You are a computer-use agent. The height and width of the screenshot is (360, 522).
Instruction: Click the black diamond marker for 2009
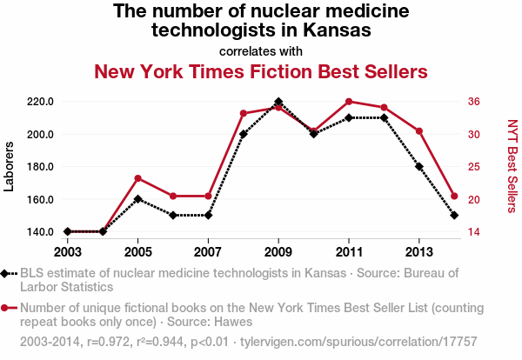pos(278,102)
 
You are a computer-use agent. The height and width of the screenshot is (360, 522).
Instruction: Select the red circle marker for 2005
pos(137,178)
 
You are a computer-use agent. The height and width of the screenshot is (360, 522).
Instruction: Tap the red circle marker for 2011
pos(349,102)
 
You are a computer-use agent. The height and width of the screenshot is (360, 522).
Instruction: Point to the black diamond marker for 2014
pos(454,215)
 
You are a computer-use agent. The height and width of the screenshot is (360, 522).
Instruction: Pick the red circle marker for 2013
pos(419,131)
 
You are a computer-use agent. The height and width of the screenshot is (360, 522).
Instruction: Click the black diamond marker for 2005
pos(137,199)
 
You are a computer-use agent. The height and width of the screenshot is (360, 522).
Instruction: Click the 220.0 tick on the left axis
pos(41,102)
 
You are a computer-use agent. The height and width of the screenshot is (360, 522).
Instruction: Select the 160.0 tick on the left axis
pos(41,199)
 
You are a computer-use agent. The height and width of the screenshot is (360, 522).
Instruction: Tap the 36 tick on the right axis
pos(474,102)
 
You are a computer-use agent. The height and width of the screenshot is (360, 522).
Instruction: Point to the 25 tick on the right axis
pos(474,167)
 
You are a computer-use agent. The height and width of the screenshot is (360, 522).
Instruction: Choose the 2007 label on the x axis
pos(208,252)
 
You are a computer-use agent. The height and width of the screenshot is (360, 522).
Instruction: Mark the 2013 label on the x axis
pos(419,252)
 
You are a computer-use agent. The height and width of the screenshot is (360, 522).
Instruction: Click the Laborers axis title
pos(10,166)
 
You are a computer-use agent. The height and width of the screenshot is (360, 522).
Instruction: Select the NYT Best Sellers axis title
pos(512,166)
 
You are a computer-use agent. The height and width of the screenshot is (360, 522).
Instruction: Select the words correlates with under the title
pos(261,50)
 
